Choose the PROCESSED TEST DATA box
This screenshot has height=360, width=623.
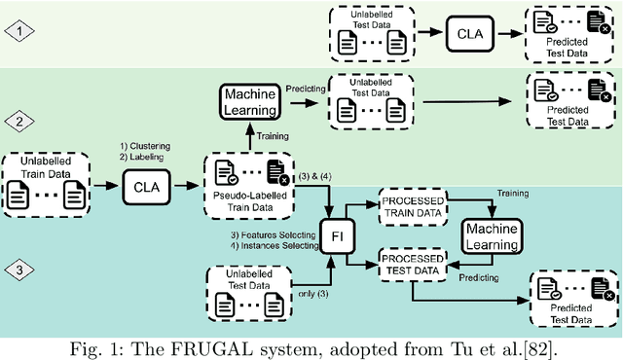(412, 263)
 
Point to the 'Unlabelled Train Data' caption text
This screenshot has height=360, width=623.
(49, 164)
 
